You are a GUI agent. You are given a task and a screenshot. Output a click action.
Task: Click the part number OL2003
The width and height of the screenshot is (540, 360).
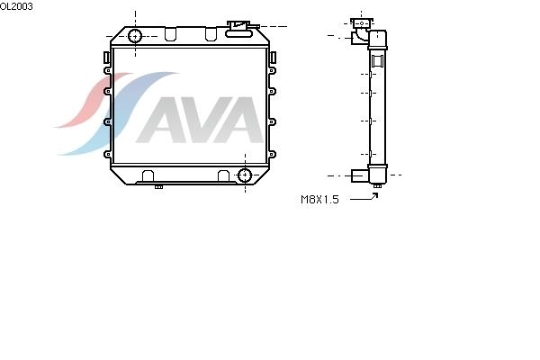tap(16, 6)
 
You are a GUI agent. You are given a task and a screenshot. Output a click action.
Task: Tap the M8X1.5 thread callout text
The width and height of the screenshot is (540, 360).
tap(319, 200)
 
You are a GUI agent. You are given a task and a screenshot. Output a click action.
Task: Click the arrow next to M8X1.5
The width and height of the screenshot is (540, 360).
tap(364, 198)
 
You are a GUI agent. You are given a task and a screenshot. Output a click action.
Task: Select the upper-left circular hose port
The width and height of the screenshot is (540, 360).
tap(135, 36)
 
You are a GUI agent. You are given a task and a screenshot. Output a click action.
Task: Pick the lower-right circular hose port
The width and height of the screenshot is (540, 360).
tap(245, 175)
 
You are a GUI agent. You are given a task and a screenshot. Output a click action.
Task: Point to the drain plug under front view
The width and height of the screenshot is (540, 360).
tap(158, 186)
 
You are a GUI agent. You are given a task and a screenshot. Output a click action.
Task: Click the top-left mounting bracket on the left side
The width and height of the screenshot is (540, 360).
tap(106, 58)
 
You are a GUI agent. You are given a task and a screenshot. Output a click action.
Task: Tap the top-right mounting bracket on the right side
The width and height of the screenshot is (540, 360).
tap(273, 58)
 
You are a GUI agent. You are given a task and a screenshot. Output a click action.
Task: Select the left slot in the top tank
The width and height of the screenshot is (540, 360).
tap(170, 34)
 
